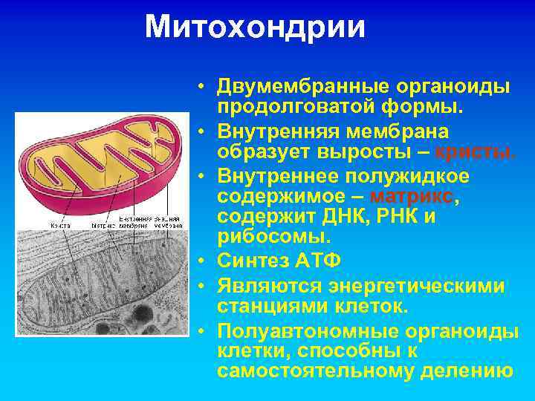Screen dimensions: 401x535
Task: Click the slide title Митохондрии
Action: coord(255,27)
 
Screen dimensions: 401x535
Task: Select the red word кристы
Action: coord(476,152)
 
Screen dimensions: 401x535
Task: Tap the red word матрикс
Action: coord(411,198)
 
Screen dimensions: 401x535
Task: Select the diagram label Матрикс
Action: coord(103,225)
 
